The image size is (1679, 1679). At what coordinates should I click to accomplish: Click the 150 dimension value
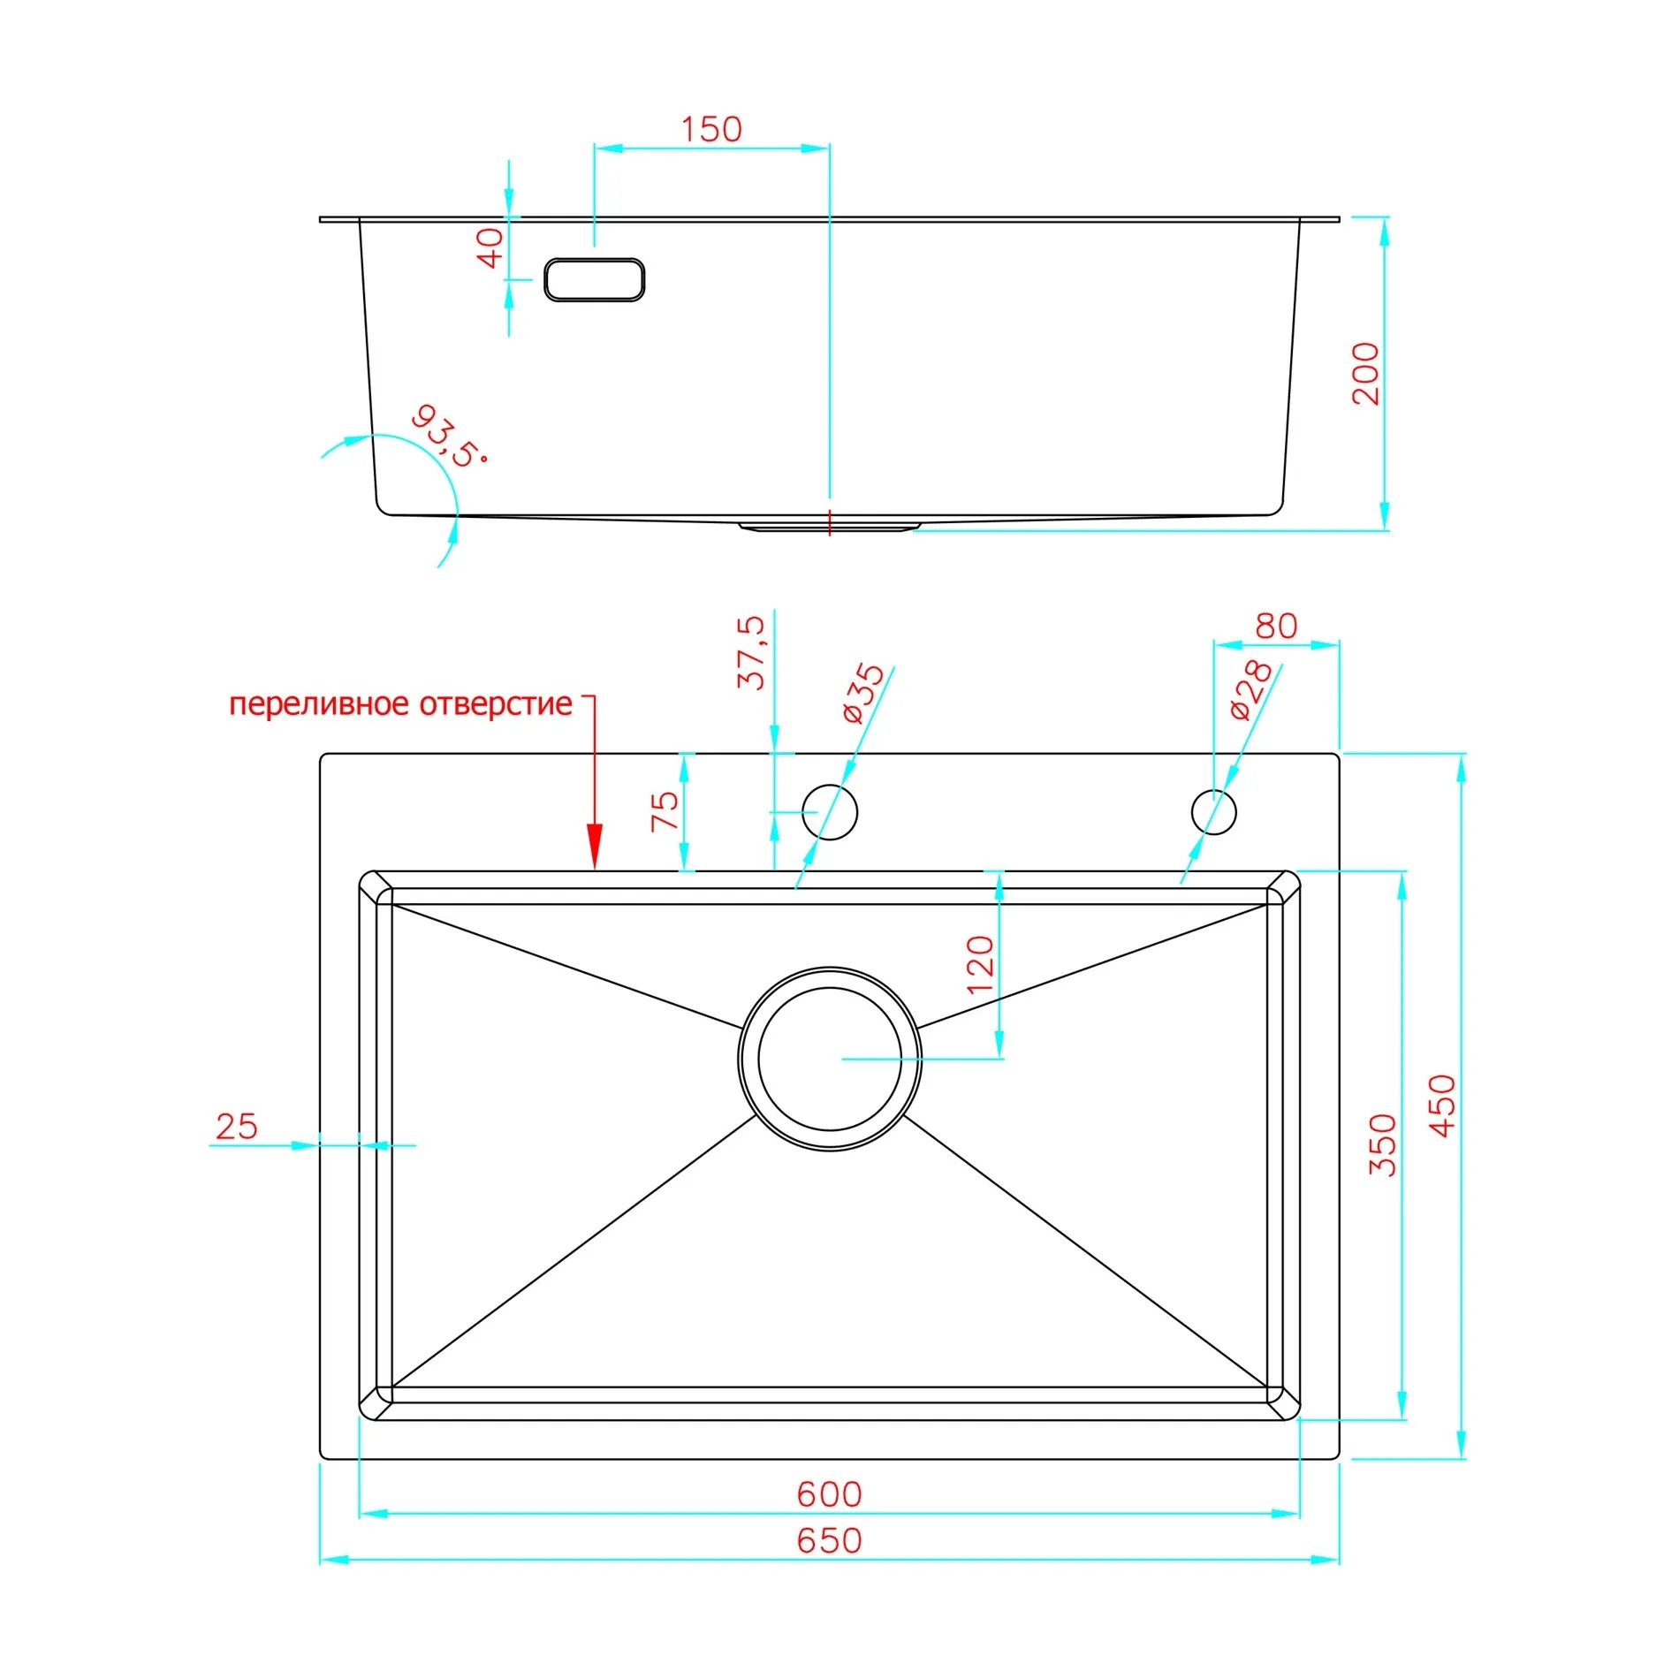(711, 130)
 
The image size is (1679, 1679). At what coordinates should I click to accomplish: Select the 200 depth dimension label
(1365, 373)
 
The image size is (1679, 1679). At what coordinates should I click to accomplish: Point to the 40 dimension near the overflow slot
(490, 247)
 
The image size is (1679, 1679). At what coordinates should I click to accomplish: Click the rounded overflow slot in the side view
(594, 280)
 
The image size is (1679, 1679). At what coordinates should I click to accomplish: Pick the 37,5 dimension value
(751, 652)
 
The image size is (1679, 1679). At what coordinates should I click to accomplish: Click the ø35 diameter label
(862, 694)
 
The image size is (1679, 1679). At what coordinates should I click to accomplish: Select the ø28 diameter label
(1251, 690)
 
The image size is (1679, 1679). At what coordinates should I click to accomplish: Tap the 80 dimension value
(1276, 627)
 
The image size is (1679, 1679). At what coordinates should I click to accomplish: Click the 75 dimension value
(665, 811)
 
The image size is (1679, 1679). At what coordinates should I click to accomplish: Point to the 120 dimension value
(980, 965)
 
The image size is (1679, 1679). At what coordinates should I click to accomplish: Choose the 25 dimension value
(237, 1127)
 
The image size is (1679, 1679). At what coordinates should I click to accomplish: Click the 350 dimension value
(1382, 1145)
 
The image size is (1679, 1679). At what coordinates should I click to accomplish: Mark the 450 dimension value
(1442, 1106)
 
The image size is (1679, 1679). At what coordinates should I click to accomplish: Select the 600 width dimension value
(829, 1494)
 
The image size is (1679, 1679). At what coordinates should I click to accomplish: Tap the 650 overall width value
(829, 1540)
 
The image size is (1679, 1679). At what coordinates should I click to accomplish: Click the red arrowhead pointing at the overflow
(595, 847)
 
